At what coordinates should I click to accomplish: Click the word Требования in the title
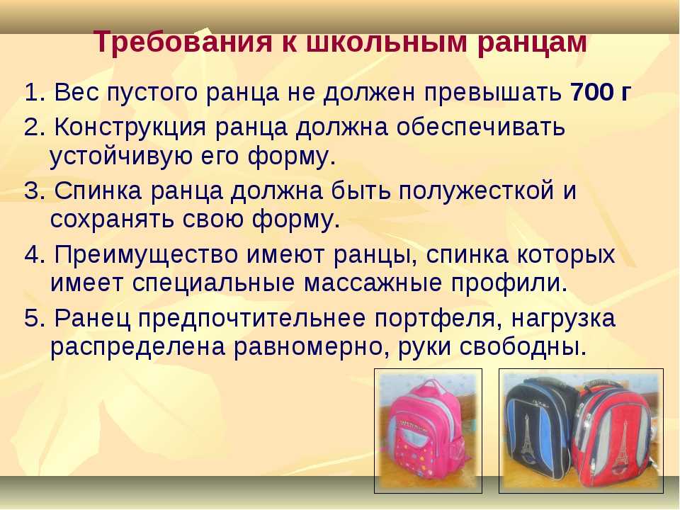pos(183,42)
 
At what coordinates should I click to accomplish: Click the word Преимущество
pos(147,255)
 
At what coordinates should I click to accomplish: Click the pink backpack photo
pos(428,431)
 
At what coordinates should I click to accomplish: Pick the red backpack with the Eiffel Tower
pos(612,433)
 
